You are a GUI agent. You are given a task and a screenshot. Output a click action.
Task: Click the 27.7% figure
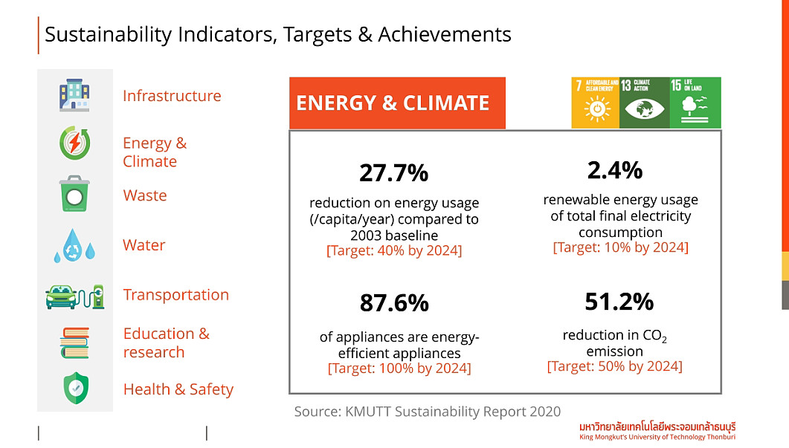(393, 173)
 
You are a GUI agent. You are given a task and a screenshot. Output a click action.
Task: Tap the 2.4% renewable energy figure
(614, 170)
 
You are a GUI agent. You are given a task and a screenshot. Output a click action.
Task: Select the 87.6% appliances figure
(394, 303)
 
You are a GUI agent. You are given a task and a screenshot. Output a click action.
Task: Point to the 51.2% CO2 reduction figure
(619, 302)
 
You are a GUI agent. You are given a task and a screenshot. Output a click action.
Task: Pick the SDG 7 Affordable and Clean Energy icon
(595, 103)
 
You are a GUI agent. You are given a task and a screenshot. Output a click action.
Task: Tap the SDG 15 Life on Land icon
(695, 103)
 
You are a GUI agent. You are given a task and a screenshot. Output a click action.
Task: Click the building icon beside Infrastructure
(74, 95)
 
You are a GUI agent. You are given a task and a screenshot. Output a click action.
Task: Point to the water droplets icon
(74, 246)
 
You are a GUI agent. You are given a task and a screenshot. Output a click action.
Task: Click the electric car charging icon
(74, 296)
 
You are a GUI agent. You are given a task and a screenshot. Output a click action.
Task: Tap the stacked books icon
(74, 343)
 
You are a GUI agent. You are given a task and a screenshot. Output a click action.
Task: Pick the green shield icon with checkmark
(74, 389)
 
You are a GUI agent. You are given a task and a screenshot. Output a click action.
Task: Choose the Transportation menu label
(176, 295)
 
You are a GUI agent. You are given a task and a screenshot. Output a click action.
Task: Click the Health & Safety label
(178, 389)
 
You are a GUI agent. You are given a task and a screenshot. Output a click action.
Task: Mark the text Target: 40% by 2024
(394, 251)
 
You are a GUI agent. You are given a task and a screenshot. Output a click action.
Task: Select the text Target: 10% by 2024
(620, 247)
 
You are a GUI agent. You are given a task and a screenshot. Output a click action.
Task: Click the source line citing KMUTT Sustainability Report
(428, 412)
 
